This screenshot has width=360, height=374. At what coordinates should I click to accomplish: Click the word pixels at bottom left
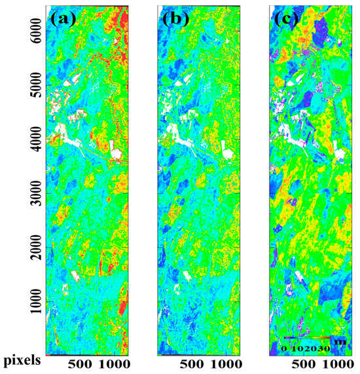pos(22,360)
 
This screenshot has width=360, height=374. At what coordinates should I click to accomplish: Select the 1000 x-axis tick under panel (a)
pos(115,363)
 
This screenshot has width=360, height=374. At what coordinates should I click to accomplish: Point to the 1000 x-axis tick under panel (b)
pos(228,363)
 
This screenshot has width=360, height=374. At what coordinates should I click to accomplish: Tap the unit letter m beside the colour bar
pos(338,341)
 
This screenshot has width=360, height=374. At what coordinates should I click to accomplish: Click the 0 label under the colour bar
pos(283,348)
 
